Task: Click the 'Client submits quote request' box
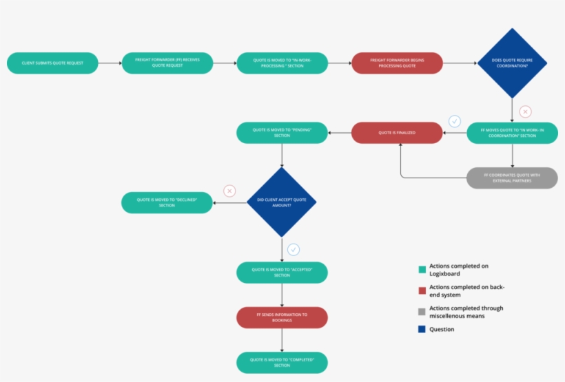click(x=52, y=63)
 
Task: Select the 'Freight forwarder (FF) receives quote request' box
click(x=167, y=63)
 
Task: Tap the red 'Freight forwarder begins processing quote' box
click(x=397, y=63)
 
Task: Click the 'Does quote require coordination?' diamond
click(x=512, y=63)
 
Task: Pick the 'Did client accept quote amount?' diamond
click(x=281, y=202)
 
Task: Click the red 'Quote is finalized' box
click(x=397, y=132)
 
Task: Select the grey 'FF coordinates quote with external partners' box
click(x=512, y=178)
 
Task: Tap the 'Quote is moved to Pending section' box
click(x=282, y=132)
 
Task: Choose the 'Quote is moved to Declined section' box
click(x=167, y=202)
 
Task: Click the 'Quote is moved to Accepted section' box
click(x=282, y=272)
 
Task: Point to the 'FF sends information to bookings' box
click(x=282, y=317)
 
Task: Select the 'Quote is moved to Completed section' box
click(x=282, y=363)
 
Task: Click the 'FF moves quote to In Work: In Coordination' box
click(x=512, y=132)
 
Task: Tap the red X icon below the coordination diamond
click(x=525, y=112)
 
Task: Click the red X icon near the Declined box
click(x=229, y=191)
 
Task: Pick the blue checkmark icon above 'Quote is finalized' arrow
click(x=455, y=121)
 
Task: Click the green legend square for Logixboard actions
click(x=422, y=269)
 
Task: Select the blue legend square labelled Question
click(x=422, y=330)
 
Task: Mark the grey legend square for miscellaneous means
click(x=422, y=312)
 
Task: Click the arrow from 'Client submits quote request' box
click(x=110, y=63)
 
